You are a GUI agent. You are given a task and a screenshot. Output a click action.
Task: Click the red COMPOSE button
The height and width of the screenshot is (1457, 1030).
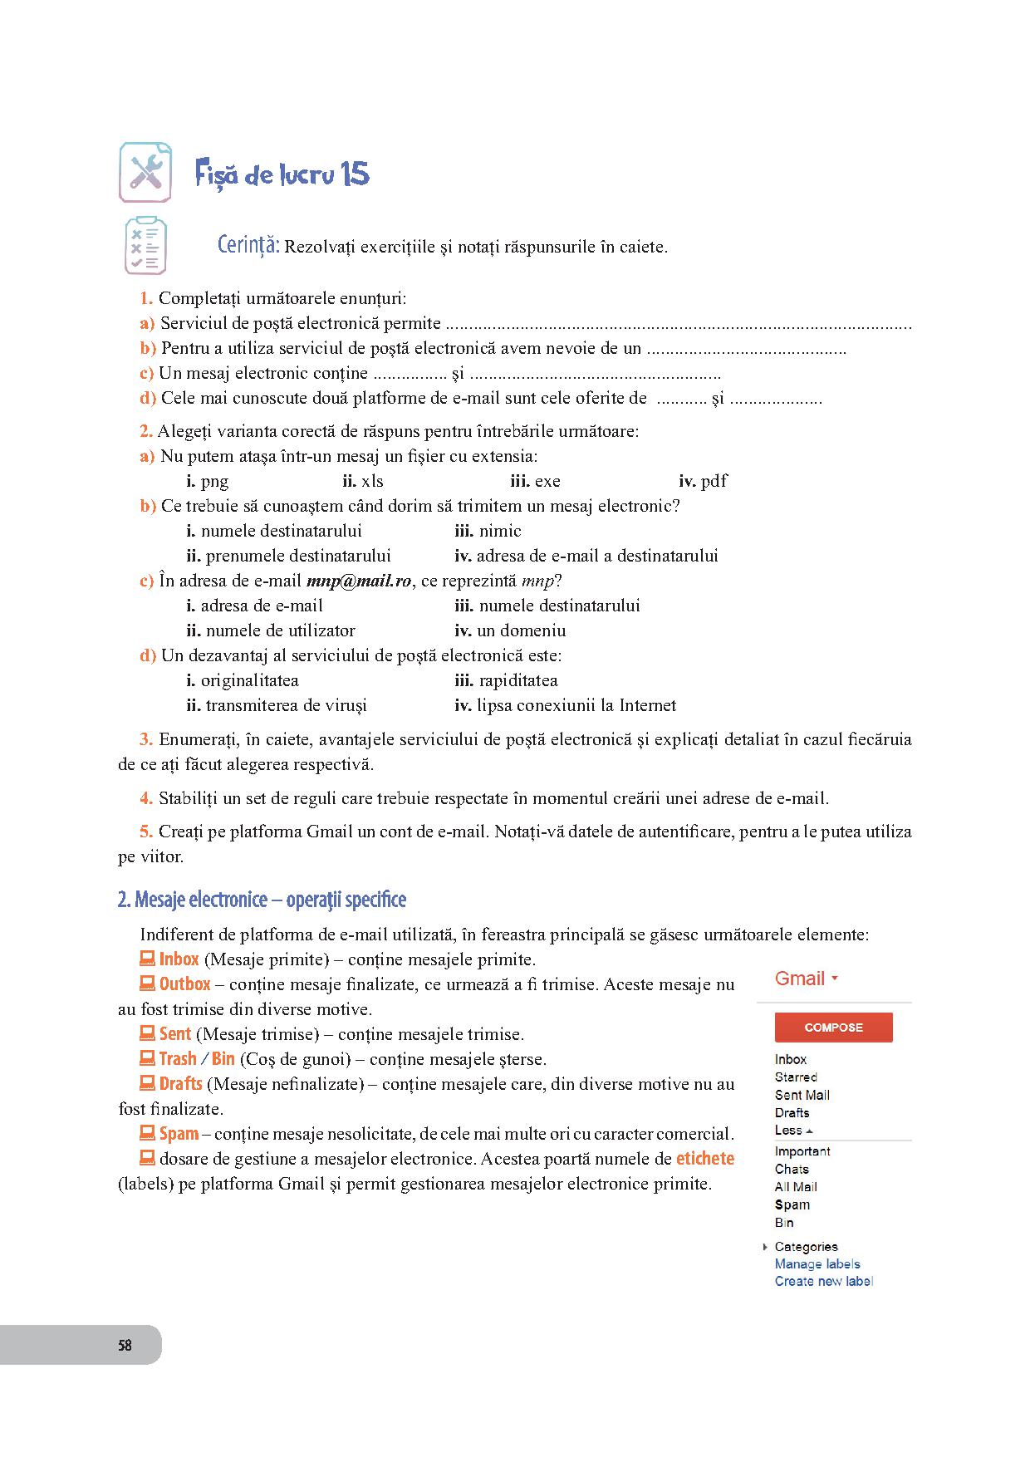coord(833,1028)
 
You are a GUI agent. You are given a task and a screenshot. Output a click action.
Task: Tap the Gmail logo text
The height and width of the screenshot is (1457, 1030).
coord(800,979)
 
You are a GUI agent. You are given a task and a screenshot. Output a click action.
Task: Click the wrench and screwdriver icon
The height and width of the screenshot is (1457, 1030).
coord(145,173)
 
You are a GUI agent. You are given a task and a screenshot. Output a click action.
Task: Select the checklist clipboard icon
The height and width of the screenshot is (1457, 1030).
coord(145,246)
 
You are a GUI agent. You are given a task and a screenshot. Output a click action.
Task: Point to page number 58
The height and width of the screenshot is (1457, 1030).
coord(125,1345)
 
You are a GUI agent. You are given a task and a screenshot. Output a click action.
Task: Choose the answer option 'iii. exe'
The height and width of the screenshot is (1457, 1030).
coord(535,481)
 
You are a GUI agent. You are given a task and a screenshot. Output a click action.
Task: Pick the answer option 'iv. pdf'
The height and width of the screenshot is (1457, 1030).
coord(703,481)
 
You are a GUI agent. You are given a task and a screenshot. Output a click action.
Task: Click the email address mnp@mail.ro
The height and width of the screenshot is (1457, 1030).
coord(359,581)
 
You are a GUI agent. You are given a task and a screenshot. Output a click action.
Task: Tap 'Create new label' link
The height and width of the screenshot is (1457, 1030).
coord(823,1281)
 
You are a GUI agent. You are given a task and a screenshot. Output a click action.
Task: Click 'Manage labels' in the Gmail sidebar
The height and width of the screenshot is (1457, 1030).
coord(817,1263)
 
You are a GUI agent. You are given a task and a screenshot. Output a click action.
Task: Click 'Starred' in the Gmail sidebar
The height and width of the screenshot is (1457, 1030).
coord(796,1077)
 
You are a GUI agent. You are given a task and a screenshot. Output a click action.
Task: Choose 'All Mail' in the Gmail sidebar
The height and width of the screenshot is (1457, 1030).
coord(796,1186)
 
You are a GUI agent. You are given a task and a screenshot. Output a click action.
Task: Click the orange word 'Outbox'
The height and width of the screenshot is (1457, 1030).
coord(184,984)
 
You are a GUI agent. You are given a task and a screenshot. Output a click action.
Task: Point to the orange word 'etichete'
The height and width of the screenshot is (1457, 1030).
coord(704,1158)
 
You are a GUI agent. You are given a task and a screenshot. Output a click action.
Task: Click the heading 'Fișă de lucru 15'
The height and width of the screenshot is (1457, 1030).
coord(282,174)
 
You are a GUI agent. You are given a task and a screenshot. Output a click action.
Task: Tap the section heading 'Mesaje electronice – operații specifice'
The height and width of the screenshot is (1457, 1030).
coord(262,900)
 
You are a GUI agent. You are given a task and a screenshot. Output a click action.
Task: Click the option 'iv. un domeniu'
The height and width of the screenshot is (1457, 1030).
coord(510,630)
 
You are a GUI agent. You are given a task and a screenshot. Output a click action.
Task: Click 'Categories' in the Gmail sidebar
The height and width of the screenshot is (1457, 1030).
coord(806,1246)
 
